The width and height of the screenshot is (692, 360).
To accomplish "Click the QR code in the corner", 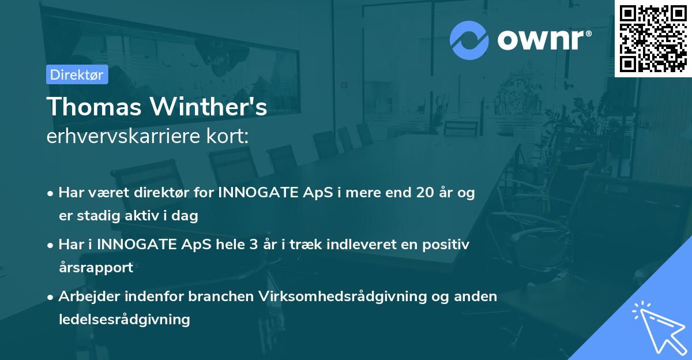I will coord(653,38).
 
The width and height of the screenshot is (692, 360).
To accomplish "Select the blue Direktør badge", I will coord(77,74).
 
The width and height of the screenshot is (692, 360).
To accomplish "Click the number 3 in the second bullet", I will coord(253,245).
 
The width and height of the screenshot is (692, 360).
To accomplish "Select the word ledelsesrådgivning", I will coord(124,319).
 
